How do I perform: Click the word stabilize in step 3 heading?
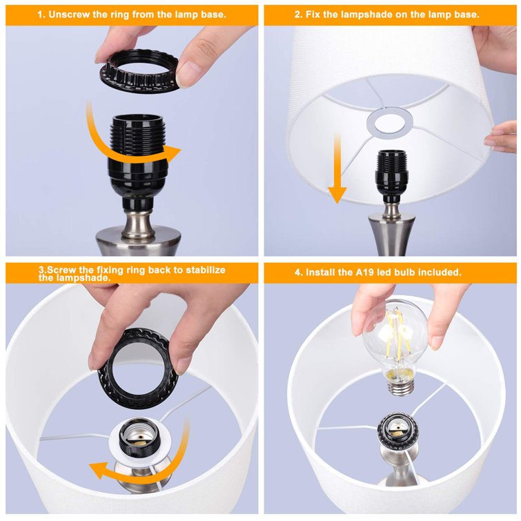click(206, 270)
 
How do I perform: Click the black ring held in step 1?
click(139, 71)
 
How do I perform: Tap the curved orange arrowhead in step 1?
click(172, 153)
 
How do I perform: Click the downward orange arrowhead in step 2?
click(337, 195)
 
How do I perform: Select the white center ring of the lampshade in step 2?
click(390, 123)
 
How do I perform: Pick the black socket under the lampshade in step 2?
click(391, 176)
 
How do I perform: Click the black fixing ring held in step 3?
click(138, 368)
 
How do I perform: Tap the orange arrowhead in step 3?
click(99, 470)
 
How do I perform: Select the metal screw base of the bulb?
click(401, 387)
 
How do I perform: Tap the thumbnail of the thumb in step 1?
click(187, 74)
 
